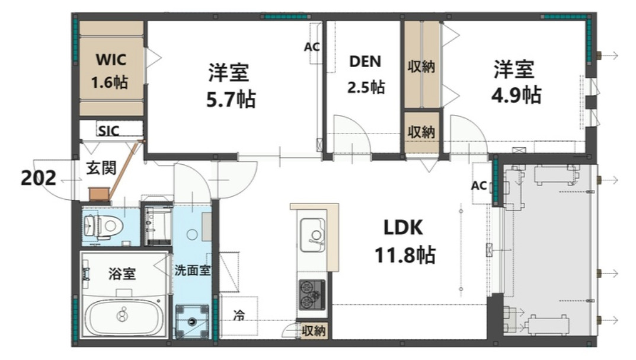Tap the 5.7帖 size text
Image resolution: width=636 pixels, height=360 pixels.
pyautogui.click(x=230, y=100)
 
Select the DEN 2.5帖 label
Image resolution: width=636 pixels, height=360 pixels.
pyautogui.click(x=365, y=74)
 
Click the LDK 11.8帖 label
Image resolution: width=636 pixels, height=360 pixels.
pyautogui.click(x=405, y=242)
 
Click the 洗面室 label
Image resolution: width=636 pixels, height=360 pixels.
pyautogui.click(x=192, y=269)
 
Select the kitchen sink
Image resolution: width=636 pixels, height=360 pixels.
pyautogui.click(x=312, y=235)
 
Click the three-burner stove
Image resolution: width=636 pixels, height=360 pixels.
pyautogui.click(x=311, y=293)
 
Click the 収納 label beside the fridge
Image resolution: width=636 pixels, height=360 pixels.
pyautogui.click(x=314, y=330)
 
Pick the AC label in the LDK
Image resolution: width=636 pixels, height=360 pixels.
pyautogui.click(x=479, y=186)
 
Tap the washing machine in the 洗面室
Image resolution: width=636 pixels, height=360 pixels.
pyautogui.click(x=192, y=321)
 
